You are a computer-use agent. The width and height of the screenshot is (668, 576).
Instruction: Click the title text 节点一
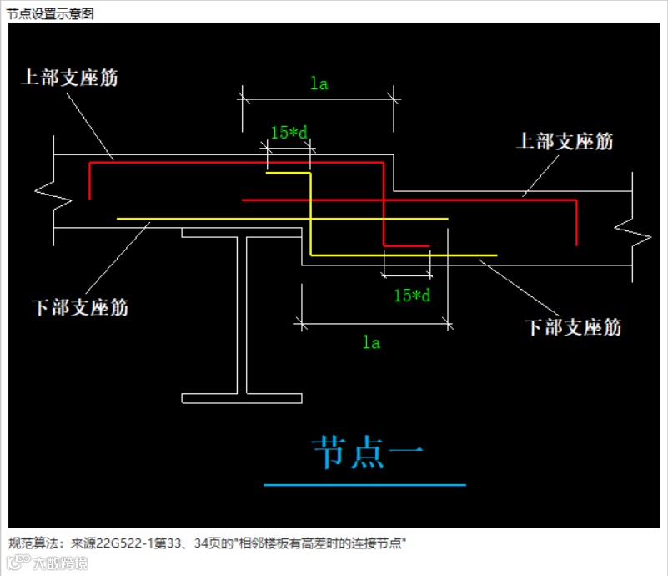365,452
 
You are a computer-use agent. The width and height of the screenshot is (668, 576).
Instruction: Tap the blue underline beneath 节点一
364,484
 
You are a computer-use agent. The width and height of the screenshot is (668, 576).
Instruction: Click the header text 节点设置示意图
50,13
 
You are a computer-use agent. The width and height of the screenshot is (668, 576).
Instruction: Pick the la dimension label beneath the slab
371,342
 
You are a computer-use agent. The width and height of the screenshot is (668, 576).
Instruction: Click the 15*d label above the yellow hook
289,132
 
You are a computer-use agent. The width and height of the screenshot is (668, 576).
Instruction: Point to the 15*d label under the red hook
412,295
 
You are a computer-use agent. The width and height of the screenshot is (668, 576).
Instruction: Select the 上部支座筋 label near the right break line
565,141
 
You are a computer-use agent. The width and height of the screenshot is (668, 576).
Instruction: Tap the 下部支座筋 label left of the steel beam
81,306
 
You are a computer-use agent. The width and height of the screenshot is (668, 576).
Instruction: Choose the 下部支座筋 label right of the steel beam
573,326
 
